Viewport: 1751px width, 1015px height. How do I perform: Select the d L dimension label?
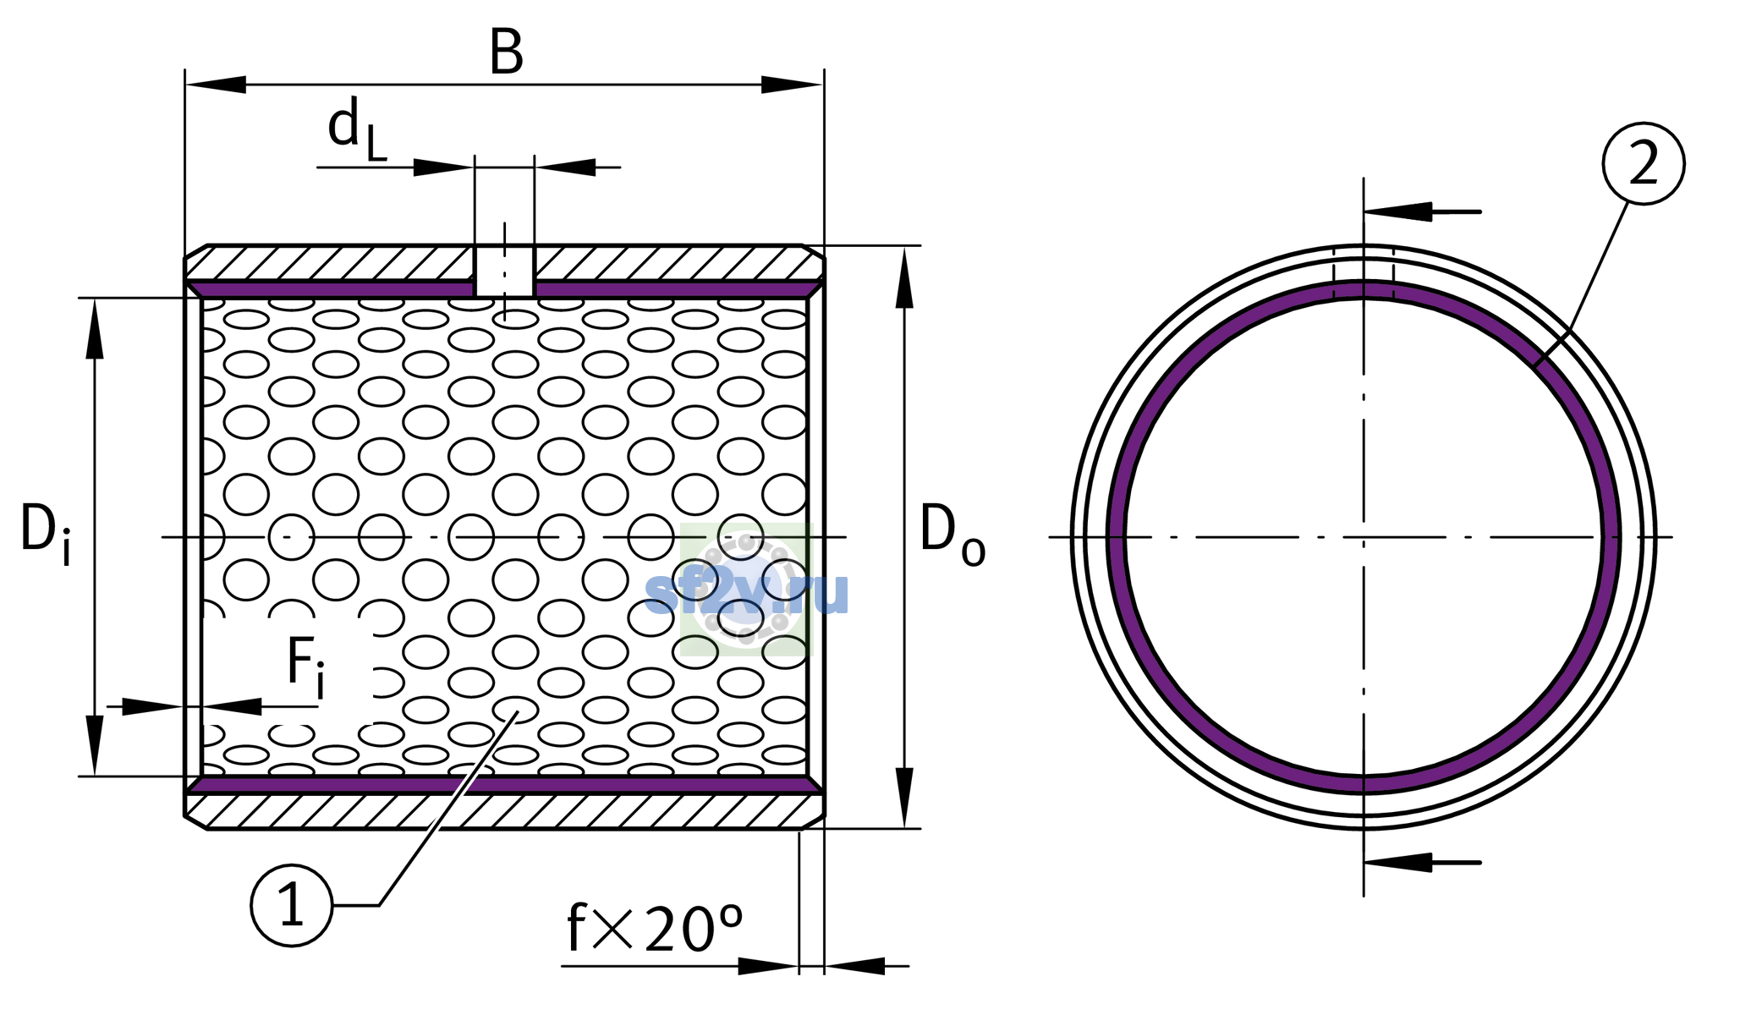(357, 129)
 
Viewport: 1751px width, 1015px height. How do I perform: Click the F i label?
(305, 667)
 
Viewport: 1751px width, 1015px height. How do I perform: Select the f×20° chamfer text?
(655, 927)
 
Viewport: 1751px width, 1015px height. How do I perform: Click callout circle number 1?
(292, 905)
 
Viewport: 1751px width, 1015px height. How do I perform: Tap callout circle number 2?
(1644, 163)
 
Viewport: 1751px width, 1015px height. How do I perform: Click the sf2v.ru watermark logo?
(746, 590)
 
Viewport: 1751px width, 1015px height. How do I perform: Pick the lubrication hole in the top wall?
(504, 272)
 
